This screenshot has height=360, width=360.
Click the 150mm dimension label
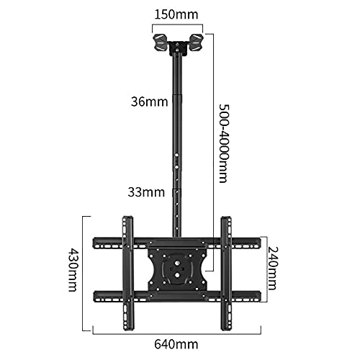click(176, 14)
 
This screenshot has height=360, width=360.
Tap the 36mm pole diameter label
click(149, 102)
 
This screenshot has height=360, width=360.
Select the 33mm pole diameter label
click(146, 192)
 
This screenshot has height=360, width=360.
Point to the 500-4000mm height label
click(224, 143)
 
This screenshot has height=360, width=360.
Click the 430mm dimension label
click(72, 269)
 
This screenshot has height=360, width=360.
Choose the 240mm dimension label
click(272, 268)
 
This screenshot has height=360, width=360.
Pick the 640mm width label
click(176, 344)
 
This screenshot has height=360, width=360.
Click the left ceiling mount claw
click(160, 42)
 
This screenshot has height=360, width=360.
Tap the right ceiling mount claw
click(197, 42)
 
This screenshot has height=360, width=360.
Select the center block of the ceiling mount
click(178, 48)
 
